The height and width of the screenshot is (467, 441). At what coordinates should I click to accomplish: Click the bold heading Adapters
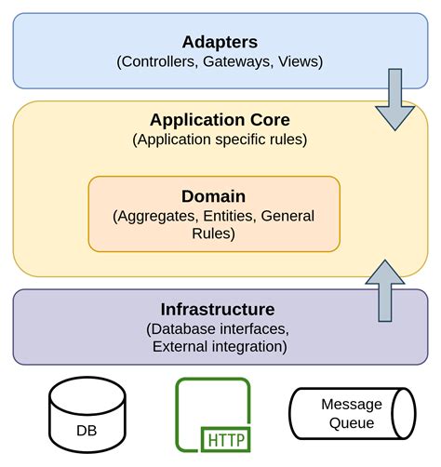tap(220, 43)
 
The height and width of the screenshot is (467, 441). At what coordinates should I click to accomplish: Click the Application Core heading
tap(220, 120)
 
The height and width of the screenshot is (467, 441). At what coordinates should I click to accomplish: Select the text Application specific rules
tap(220, 140)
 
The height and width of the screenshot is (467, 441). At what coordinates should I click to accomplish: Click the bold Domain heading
tap(214, 196)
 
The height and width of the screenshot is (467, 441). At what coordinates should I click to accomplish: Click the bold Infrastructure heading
tap(217, 309)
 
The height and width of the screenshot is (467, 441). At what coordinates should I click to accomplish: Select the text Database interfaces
tap(217, 329)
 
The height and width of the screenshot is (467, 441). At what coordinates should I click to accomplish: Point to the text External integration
tap(217, 347)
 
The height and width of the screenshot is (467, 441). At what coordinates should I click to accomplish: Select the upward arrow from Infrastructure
tap(385, 289)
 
